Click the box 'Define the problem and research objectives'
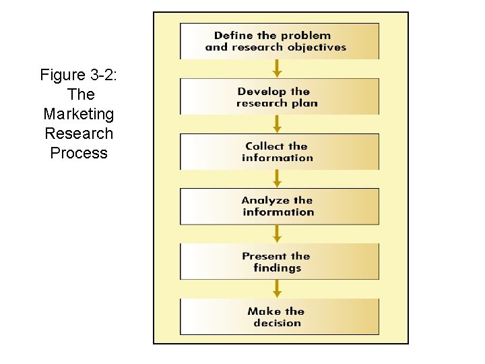pyautogui.click(x=279, y=41)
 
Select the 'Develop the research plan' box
pyautogui.click(x=279, y=96)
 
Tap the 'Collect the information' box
pyautogui.click(x=279, y=152)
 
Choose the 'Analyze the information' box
pyautogui.click(x=279, y=206)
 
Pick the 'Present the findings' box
pyautogui.click(x=279, y=262)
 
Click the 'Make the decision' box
pyautogui.click(x=279, y=317)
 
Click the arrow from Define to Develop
pyautogui.click(x=277, y=69)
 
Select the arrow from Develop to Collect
pyautogui.click(x=277, y=124)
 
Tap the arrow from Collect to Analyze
pyautogui.click(x=277, y=179)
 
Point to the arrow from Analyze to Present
pyautogui.click(x=277, y=234)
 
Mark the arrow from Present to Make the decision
pyautogui.click(x=277, y=289)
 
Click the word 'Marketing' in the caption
pyautogui.click(x=79, y=114)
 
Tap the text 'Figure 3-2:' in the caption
pyautogui.click(x=79, y=75)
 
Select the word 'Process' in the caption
pyautogui.click(x=79, y=153)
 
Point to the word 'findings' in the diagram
pyautogui.click(x=277, y=268)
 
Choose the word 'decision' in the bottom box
pyautogui.click(x=277, y=323)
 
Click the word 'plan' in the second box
pyautogui.click(x=305, y=103)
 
